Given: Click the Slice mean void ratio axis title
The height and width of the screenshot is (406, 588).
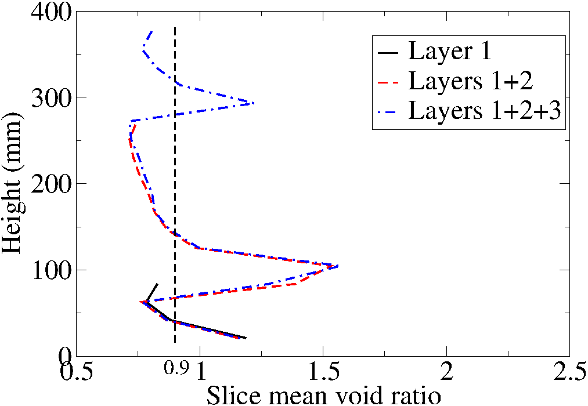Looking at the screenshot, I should [x=323, y=396].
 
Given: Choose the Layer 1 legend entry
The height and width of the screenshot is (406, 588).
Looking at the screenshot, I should [x=450, y=52].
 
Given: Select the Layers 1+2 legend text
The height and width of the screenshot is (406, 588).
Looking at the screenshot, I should [x=470, y=81].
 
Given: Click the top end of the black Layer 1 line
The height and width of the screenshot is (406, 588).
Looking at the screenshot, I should [x=157, y=284].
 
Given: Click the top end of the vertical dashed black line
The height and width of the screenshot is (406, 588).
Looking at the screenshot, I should [x=175, y=27].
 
